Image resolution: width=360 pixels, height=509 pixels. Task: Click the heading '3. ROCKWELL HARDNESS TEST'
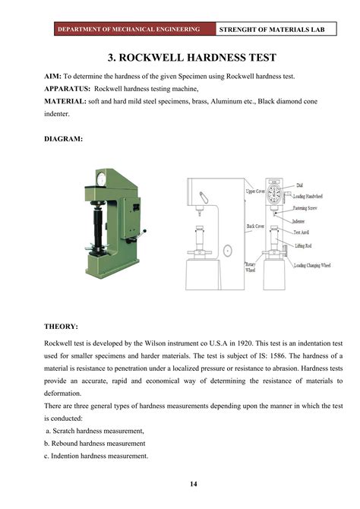(180, 58)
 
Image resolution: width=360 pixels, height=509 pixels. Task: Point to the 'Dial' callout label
(300, 185)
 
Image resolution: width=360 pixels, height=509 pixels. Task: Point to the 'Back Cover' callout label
(255, 226)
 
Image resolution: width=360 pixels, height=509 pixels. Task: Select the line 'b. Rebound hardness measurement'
(95, 443)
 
